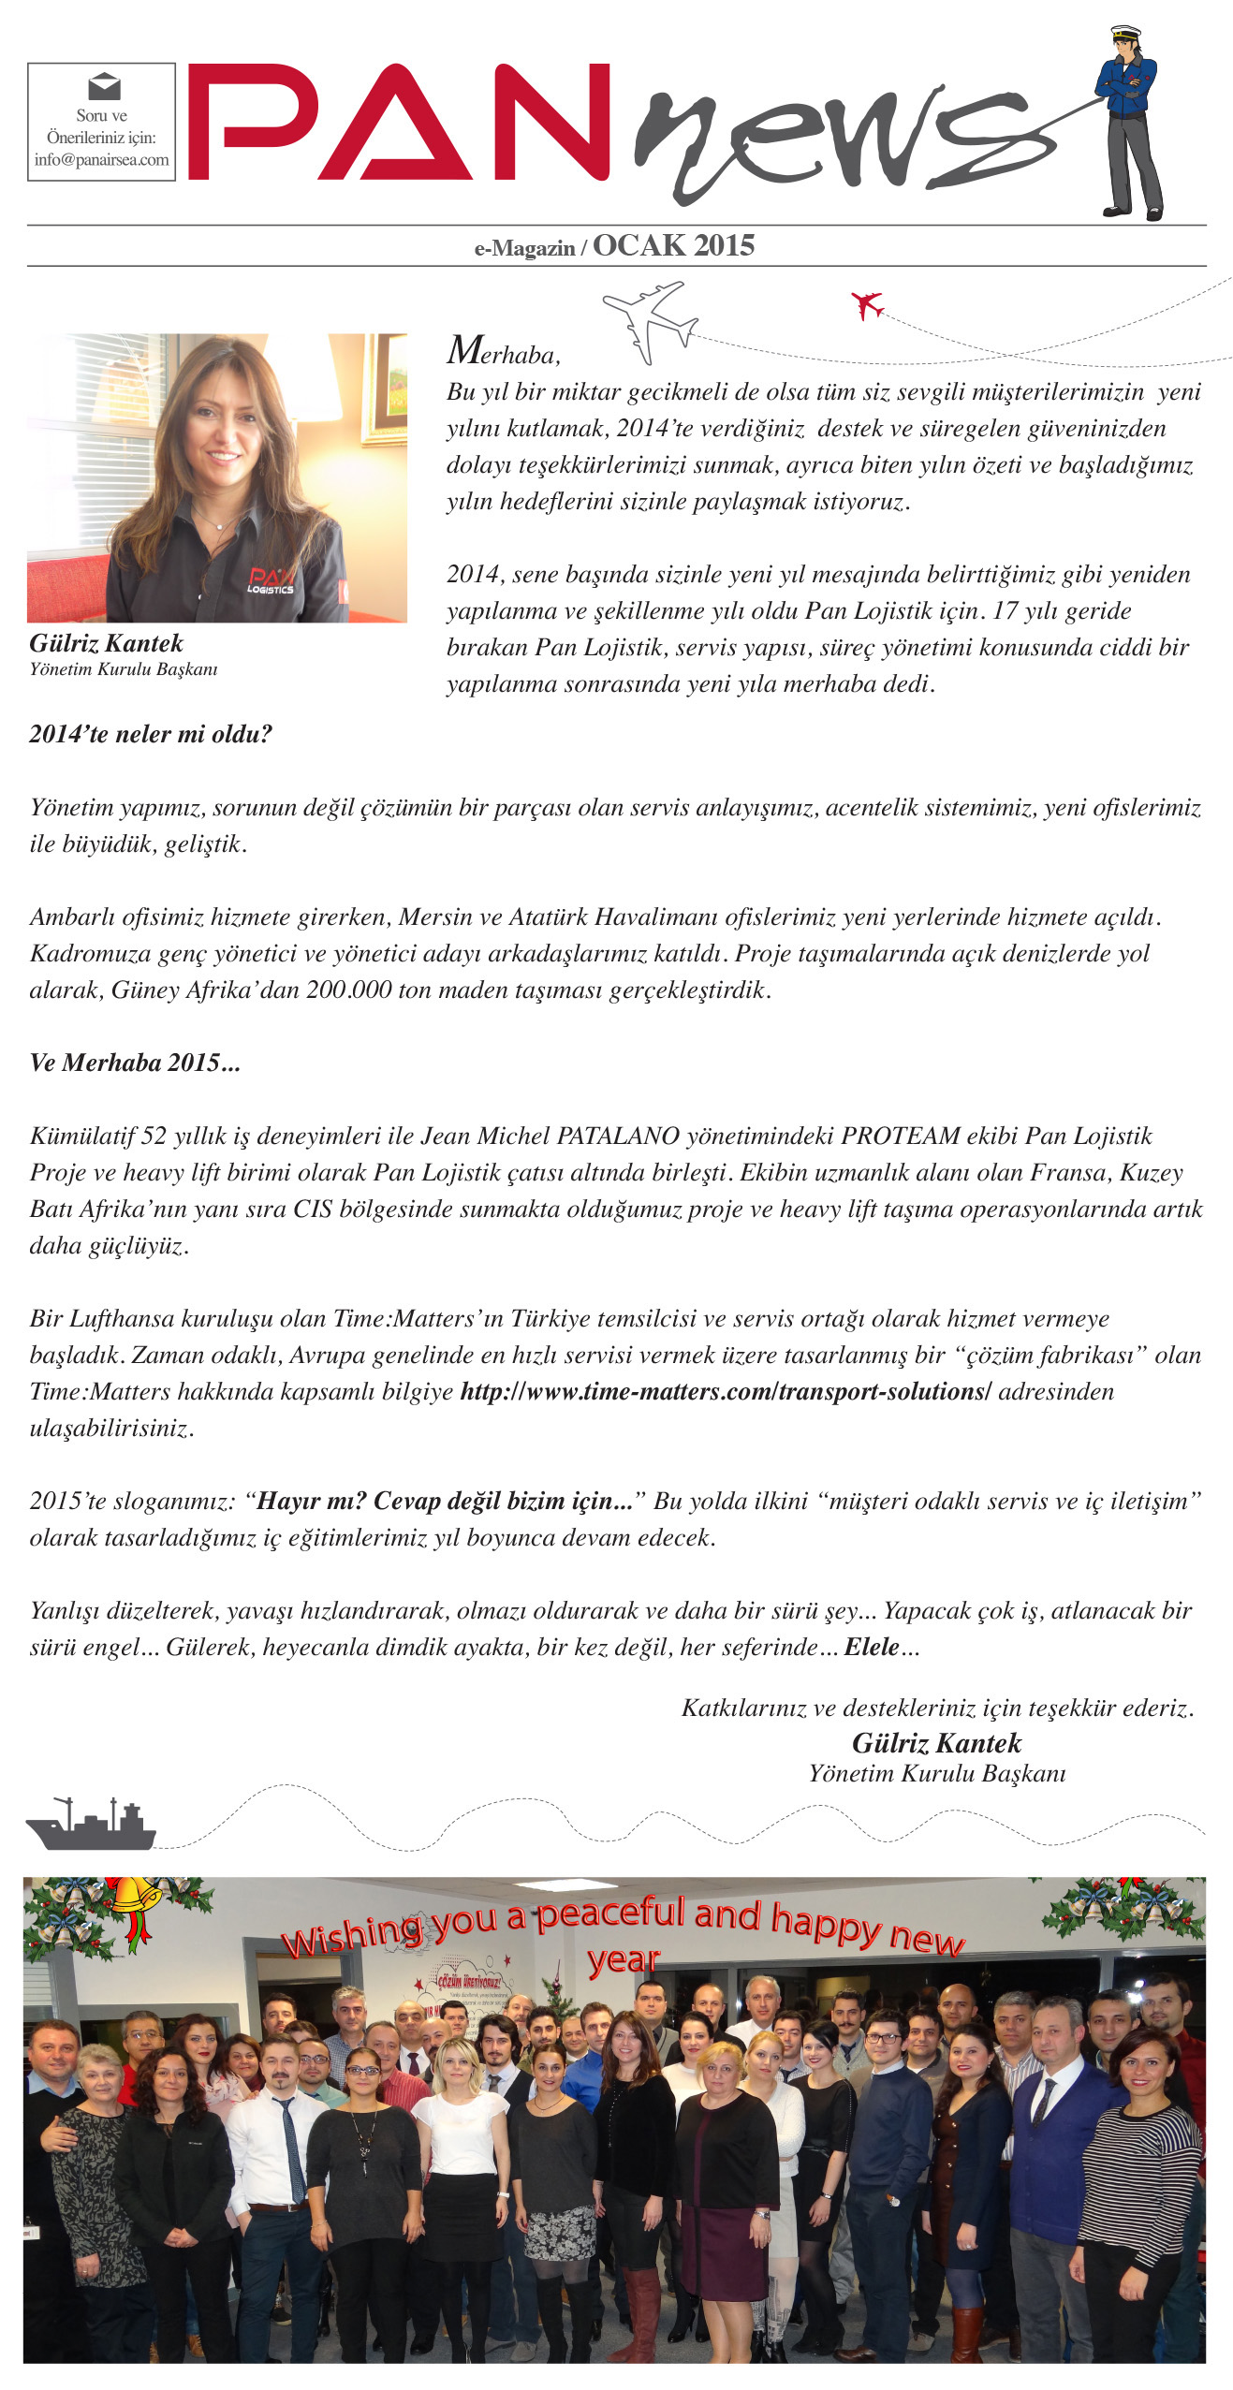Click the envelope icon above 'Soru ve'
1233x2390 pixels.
point(103,87)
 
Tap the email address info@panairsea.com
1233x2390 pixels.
point(101,159)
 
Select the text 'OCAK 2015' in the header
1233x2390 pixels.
point(673,245)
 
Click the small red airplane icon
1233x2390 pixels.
point(867,304)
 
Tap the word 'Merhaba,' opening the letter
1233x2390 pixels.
point(504,353)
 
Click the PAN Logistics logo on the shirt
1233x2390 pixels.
point(271,579)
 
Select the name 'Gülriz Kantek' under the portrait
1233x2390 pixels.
point(106,643)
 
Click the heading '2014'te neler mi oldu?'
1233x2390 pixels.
point(151,734)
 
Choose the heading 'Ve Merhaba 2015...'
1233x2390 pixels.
point(135,1063)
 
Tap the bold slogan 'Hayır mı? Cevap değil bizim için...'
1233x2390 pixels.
point(446,1501)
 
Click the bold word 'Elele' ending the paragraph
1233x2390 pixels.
point(872,1647)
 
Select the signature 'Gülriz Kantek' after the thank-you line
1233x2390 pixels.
point(936,1743)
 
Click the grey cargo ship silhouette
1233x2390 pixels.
point(91,1824)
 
